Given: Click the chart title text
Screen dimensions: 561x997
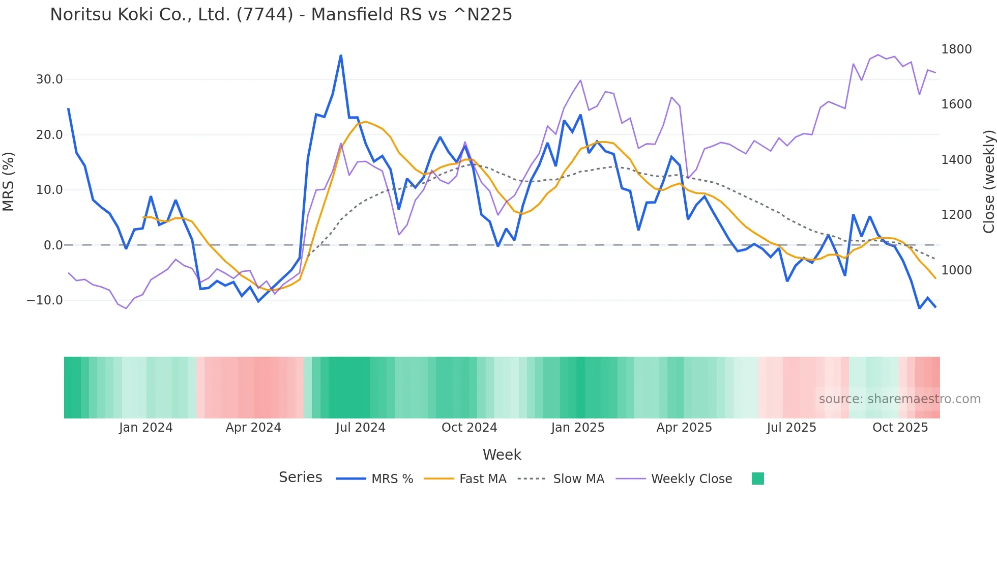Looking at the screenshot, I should [x=281, y=15].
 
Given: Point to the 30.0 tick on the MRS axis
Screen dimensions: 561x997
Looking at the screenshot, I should [x=49, y=79].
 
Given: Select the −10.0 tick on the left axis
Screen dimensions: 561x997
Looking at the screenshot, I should [x=45, y=300].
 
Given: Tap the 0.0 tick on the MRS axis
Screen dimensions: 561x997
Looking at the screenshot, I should [x=53, y=245].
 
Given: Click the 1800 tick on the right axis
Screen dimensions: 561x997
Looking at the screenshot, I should [x=956, y=49].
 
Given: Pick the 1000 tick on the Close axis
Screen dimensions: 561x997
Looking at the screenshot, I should [x=956, y=270].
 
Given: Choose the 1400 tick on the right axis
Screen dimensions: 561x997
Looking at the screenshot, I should [x=956, y=160].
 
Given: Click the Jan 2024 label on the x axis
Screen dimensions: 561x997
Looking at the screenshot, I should [x=146, y=428].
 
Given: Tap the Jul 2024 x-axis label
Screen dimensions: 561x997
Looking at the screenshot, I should [x=361, y=428].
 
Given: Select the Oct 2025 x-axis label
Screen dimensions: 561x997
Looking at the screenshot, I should [x=900, y=428].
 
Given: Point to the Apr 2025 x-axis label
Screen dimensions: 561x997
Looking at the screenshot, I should [x=684, y=428].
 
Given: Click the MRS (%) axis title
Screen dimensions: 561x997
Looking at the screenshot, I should [x=9, y=182].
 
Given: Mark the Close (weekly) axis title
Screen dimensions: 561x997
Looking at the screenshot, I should [x=989, y=182].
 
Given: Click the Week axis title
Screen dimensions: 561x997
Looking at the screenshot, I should [x=502, y=455].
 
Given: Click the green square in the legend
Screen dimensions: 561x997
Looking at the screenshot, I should [x=758, y=479].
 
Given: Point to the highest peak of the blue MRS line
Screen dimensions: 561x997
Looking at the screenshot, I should [x=341, y=55].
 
